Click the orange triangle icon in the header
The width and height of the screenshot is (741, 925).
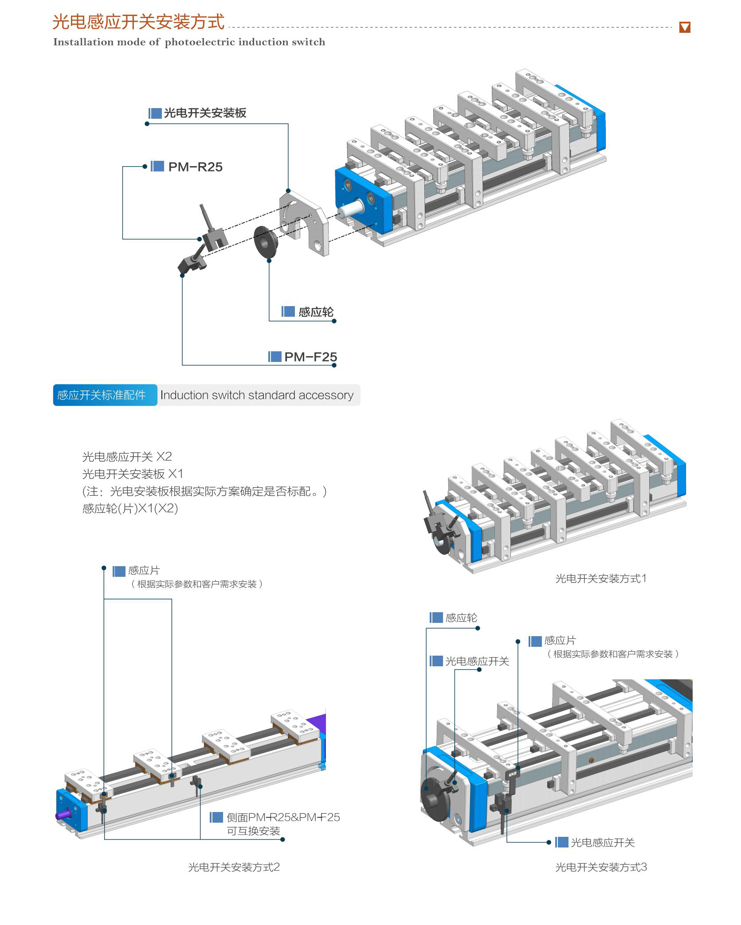click(685, 27)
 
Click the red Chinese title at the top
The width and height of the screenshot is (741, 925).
click(138, 22)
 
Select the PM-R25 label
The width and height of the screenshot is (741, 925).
click(195, 167)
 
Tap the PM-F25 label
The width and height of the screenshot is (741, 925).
click(310, 357)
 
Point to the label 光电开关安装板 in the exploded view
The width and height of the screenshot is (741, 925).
click(205, 113)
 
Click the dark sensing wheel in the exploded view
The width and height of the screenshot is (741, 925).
click(266, 242)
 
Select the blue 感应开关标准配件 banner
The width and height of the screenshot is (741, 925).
click(105, 395)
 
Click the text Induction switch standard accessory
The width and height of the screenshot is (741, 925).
click(257, 395)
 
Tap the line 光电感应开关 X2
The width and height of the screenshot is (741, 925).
click(127, 457)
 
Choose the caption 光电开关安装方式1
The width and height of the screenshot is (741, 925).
click(601, 579)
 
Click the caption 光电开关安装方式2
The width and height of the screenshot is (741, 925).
click(234, 867)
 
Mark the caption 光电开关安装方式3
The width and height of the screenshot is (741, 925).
click(601, 867)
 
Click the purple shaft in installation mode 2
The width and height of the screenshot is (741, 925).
click(63, 814)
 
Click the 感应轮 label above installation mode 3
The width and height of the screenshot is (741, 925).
click(461, 618)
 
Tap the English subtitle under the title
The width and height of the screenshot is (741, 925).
click(189, 42)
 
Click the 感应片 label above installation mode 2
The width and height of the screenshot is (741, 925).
click(144, 571)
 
